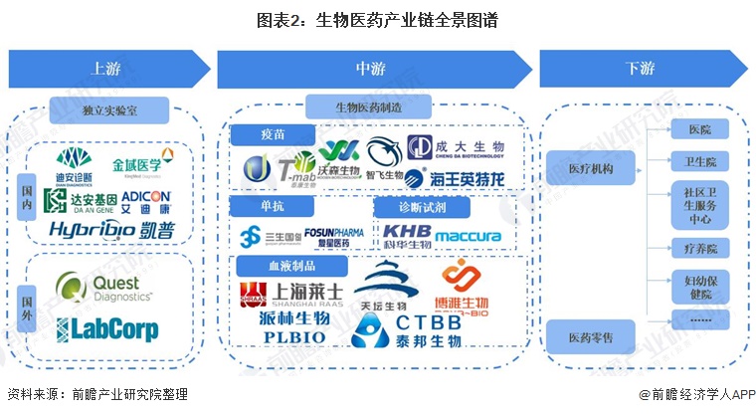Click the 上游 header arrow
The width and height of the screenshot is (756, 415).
[x=107, y=68]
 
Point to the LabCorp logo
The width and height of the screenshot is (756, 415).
[x=105, y=327]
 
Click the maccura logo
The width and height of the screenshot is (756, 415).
[x=468, y=236]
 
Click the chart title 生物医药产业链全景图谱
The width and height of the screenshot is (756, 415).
[x=377, y=20]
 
